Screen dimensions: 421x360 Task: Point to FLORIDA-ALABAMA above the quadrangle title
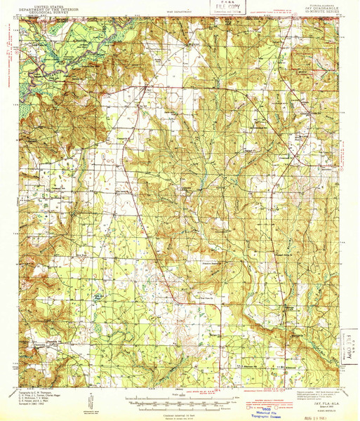[320, 4]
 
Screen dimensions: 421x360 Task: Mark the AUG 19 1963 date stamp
[329, 414]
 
